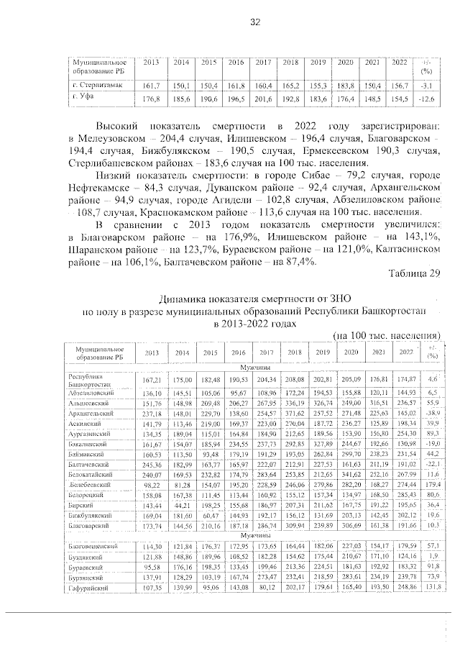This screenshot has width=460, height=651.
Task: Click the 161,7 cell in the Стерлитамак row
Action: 152,85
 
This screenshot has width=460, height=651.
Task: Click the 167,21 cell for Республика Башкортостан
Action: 152,378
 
